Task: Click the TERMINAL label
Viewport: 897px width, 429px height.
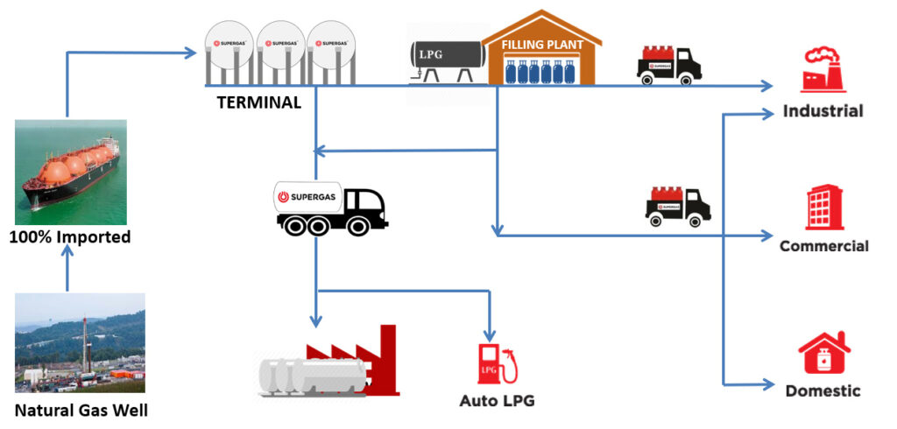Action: (258, 102)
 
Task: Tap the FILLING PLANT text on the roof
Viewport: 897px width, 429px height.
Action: (541, 43)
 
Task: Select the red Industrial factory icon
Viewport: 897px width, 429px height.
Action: (823, 71)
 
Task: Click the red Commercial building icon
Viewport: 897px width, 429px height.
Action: (824, 207)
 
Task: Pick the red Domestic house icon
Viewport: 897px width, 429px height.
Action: (824, 354)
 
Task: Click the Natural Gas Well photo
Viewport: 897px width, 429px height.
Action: (80, 341)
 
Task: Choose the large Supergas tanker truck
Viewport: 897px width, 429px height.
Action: (331, 208)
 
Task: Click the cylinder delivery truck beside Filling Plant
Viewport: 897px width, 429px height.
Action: (669, 62)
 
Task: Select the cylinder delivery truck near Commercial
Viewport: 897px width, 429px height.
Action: (678, 206)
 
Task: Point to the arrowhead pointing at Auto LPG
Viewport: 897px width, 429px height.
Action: (490, 336)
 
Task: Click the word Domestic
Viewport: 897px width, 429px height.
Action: (823, 390)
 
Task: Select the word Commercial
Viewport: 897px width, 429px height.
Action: (823, 246)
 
